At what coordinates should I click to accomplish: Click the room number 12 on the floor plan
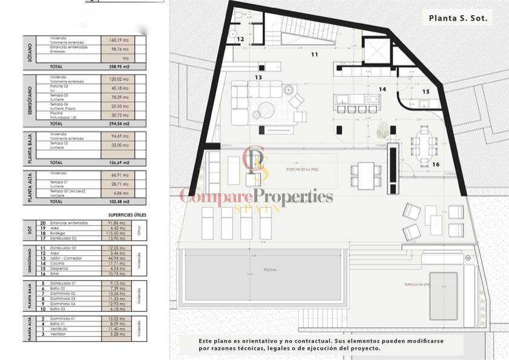(240, 39)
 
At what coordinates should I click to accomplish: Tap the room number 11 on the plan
(314, 54)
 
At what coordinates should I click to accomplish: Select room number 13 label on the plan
(258, 77)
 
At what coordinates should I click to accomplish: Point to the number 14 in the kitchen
(382, 89)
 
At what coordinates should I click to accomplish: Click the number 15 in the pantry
(425, 92)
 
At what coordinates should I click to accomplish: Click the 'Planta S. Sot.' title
(458, 18)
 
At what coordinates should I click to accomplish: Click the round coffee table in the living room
(266, 109)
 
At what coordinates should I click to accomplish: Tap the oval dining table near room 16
(424, 143)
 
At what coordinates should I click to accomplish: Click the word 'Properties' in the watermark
(293, 196)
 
